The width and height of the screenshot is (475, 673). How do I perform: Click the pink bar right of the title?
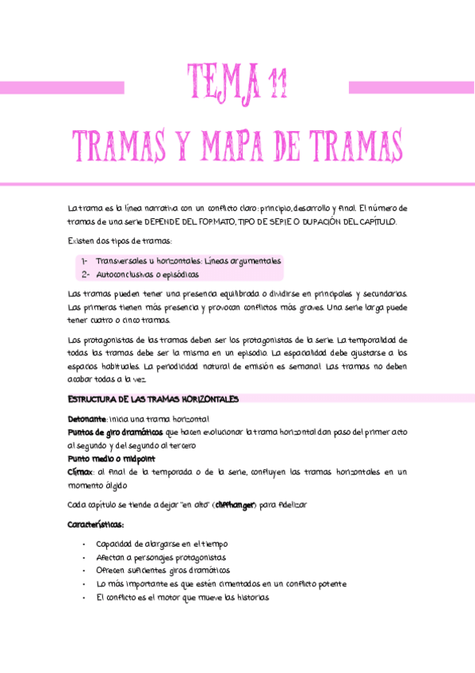point(411,87)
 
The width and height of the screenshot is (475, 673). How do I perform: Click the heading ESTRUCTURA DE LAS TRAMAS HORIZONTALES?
point(153,399)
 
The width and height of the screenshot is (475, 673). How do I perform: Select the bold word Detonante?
point(86,418)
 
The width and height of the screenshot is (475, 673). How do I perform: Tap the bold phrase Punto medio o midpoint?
point(111,459)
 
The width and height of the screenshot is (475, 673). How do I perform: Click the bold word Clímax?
point(81,472)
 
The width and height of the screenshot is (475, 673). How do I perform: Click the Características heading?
point(96,525)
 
